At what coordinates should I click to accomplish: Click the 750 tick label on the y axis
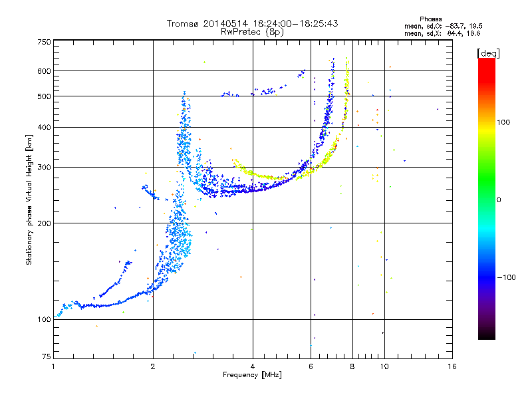pyautogui.click(x=44, y=42)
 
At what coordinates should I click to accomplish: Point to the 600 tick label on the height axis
pyautogui.click(x=44, y=71)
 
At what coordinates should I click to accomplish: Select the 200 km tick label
pyautogui.click(x=44, y=223)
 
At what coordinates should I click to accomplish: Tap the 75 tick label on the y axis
pyautogui.click(x=47, y=356)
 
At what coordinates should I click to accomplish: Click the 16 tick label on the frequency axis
pyautogui.click(x=452, y=366)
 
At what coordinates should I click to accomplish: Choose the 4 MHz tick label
pyautogui.click(x=253, y=366)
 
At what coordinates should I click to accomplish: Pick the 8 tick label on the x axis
pyautogui.click(x=352, y=366)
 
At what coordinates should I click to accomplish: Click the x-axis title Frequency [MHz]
pyautogui.click(x=252, y=375)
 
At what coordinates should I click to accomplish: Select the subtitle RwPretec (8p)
pyautogui.click(x=252, y=32)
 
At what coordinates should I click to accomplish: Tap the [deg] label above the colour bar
pyautogui.click(x=488, y=53)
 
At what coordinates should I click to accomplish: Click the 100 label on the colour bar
pyautogui.click(x=503, y=122)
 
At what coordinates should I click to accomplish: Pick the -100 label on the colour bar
pyautogui.click(x=506, y=277)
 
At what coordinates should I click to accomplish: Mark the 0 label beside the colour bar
pyautogui.click(x=499, y=200)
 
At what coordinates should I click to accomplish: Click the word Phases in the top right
pyautogui.click(x=430, y=19)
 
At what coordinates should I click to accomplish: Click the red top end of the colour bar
pyautogui.click(x=487, y=60)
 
